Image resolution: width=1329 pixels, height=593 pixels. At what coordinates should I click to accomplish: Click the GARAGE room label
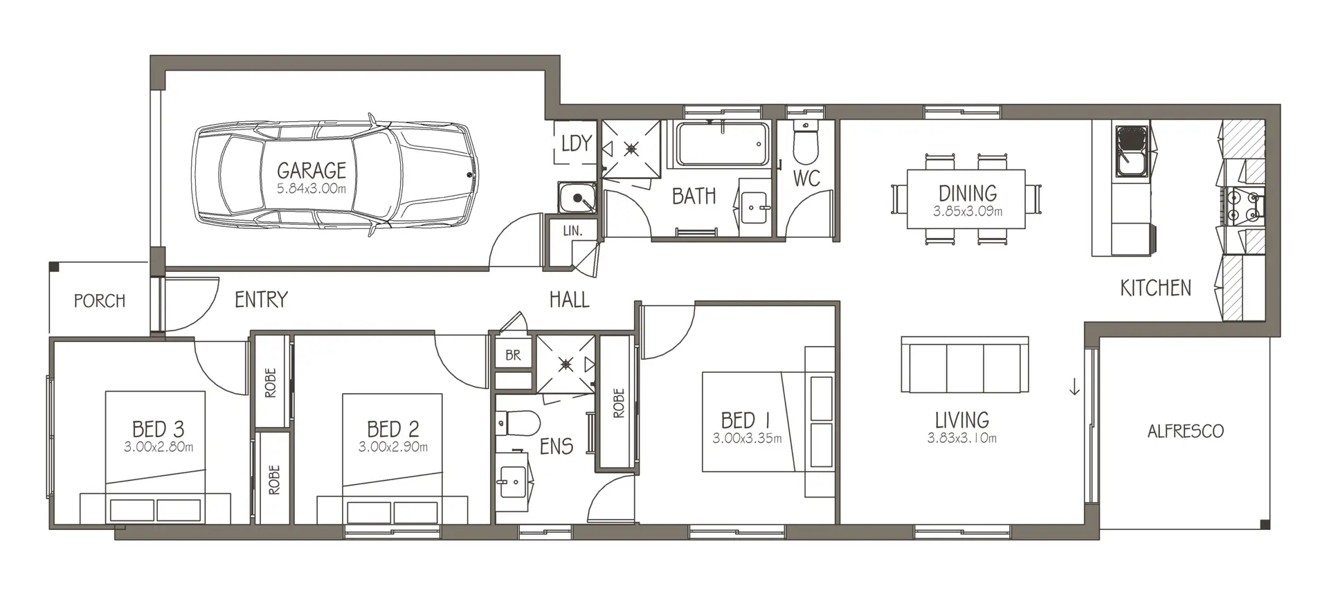[x=311, y=170]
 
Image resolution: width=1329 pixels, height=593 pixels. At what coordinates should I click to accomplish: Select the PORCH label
[x=100, y=301]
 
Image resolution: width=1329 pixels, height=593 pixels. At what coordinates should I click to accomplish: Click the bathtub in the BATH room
[x=723, y=145]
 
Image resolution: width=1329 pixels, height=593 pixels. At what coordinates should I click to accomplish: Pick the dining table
[x=966, y=199]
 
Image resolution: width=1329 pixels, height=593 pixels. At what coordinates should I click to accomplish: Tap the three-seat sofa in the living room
[x=964, y=365]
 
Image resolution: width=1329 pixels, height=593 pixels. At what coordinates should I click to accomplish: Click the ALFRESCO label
[x=1185, y=431]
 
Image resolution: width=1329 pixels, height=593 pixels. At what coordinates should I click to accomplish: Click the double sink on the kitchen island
[x=1131, y=151]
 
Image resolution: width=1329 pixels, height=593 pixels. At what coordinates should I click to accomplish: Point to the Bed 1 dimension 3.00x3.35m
[x=747, y=438]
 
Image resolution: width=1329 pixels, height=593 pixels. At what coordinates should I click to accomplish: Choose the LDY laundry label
[x=576, y=143]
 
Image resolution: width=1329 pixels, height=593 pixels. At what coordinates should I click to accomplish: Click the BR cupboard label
[x=513, y=355]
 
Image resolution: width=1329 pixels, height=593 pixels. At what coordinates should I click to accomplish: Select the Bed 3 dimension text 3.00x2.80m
[x=159, y=447]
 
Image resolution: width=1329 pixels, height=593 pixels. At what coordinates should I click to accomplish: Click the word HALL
[x=569, y=300]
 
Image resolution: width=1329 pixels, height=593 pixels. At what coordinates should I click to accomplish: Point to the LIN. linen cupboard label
[x=572, y=230]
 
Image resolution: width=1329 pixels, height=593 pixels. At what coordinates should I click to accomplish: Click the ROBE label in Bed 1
[x=618, y=403]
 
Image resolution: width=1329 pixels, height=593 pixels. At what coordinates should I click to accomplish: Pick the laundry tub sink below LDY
[x=577, y=198]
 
